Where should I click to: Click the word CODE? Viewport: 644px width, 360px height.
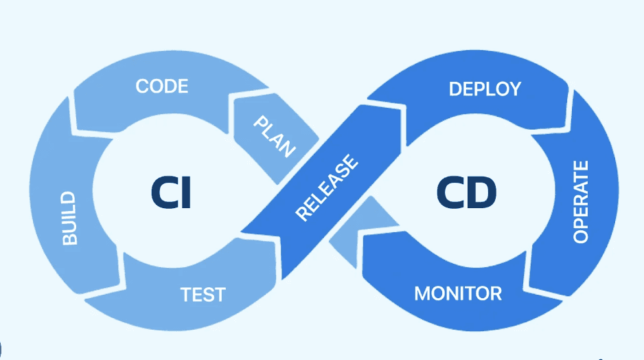point(162,87)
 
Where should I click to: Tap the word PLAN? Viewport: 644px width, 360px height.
point(274,136)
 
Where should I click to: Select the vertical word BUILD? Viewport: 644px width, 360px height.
point(69,218)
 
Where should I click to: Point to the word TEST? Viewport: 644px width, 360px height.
point(203,295)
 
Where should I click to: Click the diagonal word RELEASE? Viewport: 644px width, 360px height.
point(327,188)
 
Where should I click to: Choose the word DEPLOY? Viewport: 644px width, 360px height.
point(485,89)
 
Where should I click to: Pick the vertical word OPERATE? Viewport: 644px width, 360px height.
point(581,202)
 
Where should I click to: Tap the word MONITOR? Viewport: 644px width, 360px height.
point(458,294)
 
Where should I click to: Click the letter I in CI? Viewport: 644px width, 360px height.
point(185,192)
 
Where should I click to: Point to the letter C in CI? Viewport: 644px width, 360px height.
point(164,192)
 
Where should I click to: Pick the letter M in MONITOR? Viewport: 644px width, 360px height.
point(422,294)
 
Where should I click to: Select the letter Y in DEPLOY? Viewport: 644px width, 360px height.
point(514,89)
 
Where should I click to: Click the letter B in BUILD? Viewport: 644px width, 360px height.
point(69,238)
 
